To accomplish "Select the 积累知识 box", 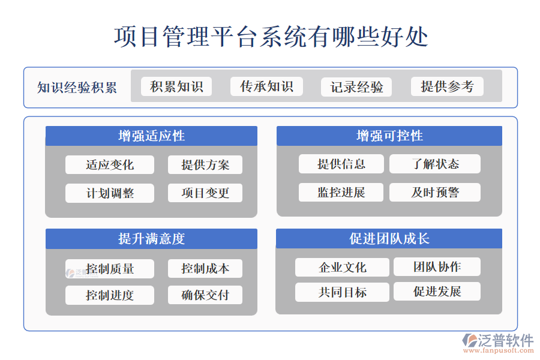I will point(176,86).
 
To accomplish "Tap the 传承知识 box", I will point(266,86).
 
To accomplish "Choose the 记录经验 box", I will point(356,87).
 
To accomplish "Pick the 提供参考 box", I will point(447,86).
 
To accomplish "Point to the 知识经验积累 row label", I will point(77,88).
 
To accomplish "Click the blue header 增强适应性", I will point(151,136).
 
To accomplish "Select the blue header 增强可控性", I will point(389,136).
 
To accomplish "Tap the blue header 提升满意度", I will point(151,239).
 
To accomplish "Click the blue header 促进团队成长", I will point(389,239).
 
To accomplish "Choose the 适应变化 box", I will point(110,164).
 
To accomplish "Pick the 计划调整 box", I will point(110,193).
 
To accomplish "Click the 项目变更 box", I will point(205,193).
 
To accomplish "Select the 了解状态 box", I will point(435,164).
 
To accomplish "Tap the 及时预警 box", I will point(435,193).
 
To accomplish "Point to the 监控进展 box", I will point(341,193).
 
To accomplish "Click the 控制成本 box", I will point(205,268).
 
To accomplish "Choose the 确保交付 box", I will point(205,295).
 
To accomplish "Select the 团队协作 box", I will point(437,267).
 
